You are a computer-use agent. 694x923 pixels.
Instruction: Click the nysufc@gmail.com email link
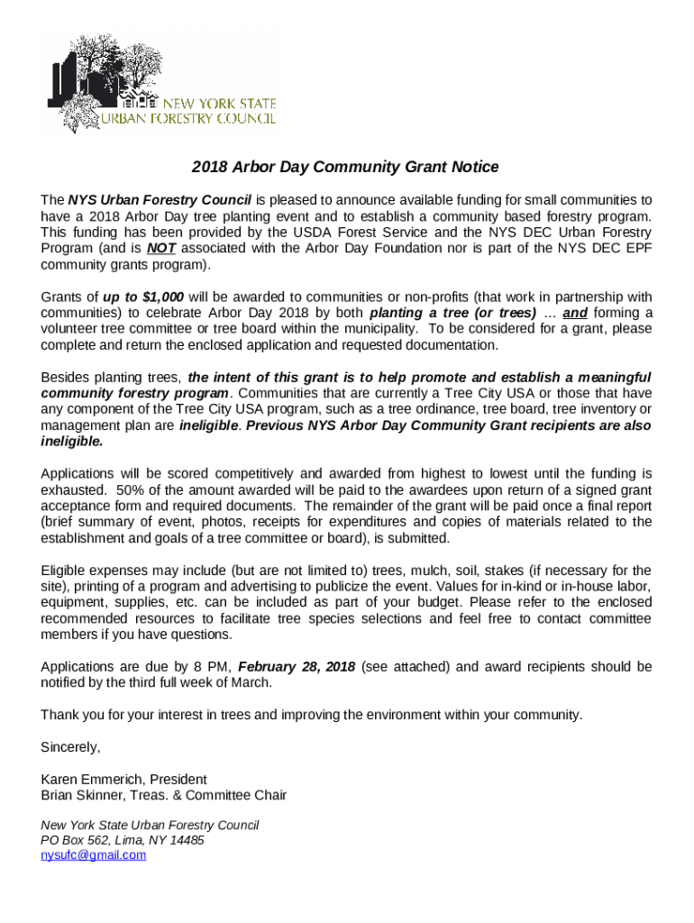pyautogui.click(x=94, y=855)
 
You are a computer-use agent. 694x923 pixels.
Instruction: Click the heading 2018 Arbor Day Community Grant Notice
pyautogui.click(x=345, y=167)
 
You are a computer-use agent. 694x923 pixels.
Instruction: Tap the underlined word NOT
pyautogui.click(x=161, y=249)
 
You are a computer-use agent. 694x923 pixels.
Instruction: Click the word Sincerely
pyautogui.click(x=70, y=747)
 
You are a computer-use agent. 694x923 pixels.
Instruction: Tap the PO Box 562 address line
pyautogui.click(x=123, y=840)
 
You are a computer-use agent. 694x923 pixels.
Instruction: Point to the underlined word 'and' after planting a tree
pyautogui.click(x=575, y=313)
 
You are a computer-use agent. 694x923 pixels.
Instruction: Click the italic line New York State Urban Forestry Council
pyautogui.click(x=150, y=825)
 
